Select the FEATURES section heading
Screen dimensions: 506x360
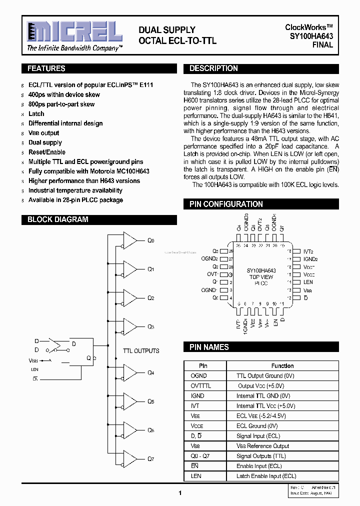click(46, 68)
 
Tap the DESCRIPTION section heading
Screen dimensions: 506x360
click(213, 68)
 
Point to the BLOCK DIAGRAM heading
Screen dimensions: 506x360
click(57, 219)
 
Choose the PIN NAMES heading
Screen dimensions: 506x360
click(209, 347)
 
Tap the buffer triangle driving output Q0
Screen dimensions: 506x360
click(130, 240)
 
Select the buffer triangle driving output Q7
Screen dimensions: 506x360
click(130, 458)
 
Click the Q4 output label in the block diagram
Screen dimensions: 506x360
click(151, 372)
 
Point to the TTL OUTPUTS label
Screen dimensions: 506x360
click(141, 351)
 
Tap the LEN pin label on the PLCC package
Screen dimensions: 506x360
click(308, 282)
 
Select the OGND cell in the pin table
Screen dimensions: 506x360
click(198, 375)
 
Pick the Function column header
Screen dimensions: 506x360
click(282, 365)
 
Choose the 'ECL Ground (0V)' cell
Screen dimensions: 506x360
click(257, 426)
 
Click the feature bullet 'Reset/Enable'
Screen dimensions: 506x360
click(46, 152)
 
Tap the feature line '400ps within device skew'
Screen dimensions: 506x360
click(64, 94)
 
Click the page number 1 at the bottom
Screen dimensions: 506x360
click(179, 493)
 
